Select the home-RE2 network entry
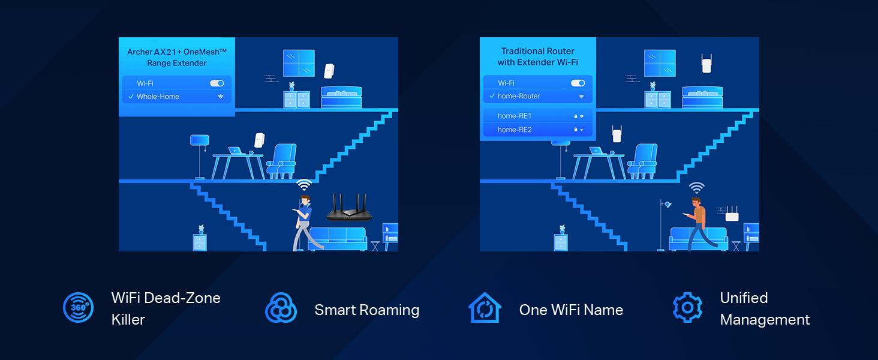515,130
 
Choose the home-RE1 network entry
515,116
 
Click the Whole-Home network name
158,97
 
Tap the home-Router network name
519,96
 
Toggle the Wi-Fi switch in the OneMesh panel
217,83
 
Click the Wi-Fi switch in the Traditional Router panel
578,83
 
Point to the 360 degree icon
78,308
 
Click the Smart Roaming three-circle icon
281,308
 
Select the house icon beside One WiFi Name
484,308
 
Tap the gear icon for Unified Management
687,308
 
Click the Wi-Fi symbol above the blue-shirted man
304,185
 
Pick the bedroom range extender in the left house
329,71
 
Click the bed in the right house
702,97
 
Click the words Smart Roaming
366,310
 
